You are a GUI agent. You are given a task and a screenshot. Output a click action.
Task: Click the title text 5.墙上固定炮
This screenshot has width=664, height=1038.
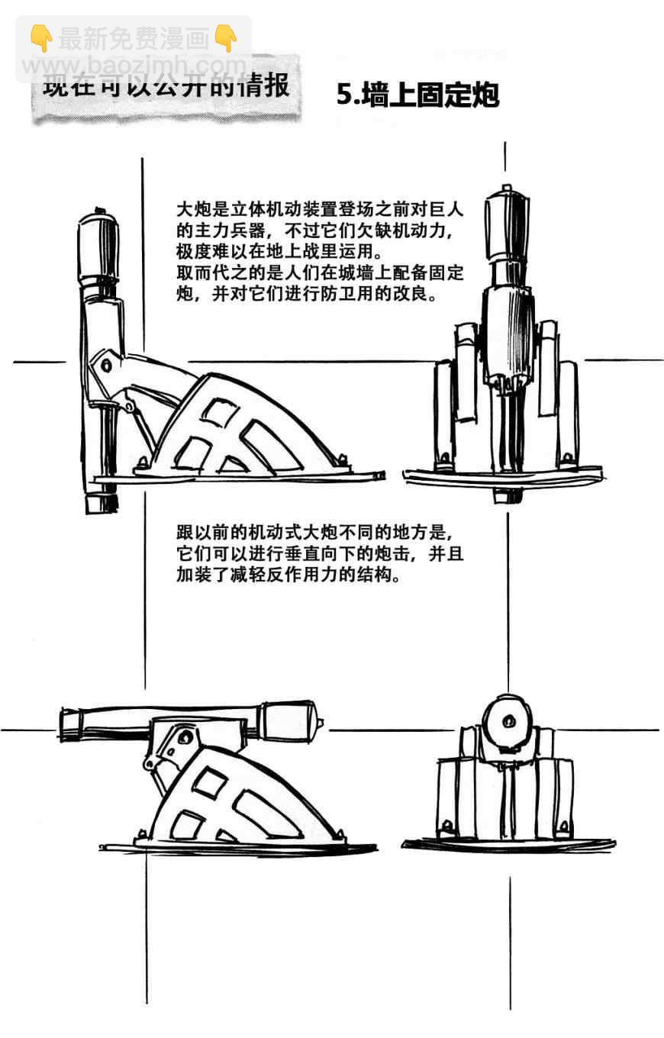click(417, 95)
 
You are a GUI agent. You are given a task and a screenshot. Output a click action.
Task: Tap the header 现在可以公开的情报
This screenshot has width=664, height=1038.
click(166, 85)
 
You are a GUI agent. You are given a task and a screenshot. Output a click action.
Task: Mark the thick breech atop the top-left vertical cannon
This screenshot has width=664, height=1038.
click(98, 248)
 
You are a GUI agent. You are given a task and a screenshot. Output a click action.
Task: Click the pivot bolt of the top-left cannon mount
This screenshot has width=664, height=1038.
click(106, 366)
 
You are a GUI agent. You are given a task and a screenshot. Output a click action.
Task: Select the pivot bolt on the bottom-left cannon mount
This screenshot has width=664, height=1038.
click(183, 737)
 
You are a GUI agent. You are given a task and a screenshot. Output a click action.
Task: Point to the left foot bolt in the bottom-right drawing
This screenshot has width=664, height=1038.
click(446, 826)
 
